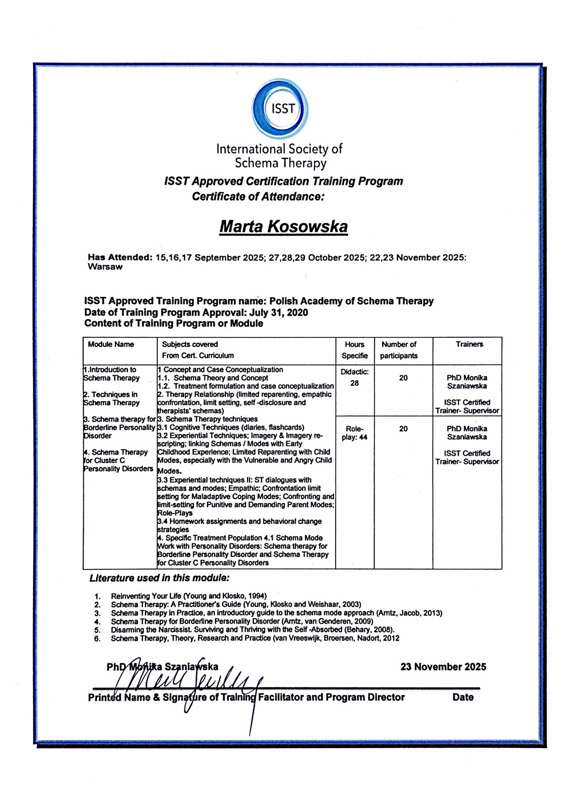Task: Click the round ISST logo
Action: (280, 109)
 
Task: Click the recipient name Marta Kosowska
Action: (283, 226)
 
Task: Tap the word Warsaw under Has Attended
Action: (105, 267)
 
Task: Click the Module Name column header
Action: (111, 344)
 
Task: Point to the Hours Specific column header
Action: (355, 350)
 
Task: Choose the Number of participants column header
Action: (399, 350)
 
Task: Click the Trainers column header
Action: (469, 344)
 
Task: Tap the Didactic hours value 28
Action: (355, 383)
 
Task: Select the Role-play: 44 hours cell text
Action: (355, 433)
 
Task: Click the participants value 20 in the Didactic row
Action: (403, 378)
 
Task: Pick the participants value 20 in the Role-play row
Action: (403, 429)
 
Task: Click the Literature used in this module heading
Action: (159, 578)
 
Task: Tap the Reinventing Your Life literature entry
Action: (188, 596)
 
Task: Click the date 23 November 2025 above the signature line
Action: (443, 667)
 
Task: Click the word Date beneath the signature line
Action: (463, 697)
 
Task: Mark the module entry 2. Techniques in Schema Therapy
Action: (111, 399)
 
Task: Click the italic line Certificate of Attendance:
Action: (258, 197)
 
